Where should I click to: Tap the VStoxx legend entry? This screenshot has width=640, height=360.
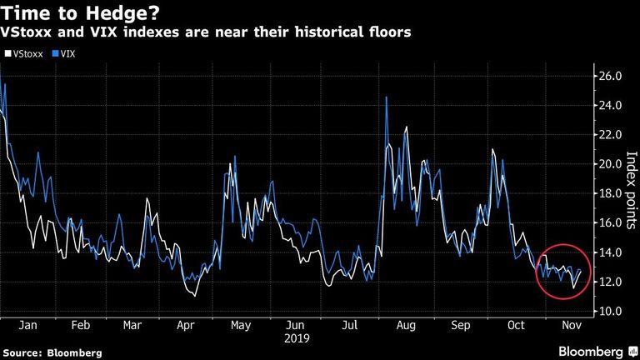point(24,54)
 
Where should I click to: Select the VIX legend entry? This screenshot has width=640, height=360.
point(64,54)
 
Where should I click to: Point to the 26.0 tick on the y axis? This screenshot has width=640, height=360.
point(610,76)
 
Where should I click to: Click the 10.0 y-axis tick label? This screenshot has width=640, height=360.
point(610,311)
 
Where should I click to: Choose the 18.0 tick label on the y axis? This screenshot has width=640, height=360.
point(610,193)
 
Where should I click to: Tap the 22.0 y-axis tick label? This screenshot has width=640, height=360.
point(610,135)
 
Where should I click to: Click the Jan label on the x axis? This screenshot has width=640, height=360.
point(27,325)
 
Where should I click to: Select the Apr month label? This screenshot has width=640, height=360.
point(186,325)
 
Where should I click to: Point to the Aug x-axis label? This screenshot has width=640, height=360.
point(406,325)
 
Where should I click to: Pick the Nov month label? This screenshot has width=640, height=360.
point(572,325)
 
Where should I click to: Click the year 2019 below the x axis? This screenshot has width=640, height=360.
point(297,338)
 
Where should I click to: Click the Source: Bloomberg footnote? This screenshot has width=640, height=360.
point(52,352)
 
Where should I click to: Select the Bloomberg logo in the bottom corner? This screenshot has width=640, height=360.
point(597,352)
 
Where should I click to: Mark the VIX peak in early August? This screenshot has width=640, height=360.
point(386,97)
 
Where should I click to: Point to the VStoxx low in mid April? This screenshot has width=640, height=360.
point(195,296)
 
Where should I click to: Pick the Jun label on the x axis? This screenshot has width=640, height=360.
point(295,325)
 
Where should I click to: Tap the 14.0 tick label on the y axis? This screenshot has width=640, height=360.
point(610,252)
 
